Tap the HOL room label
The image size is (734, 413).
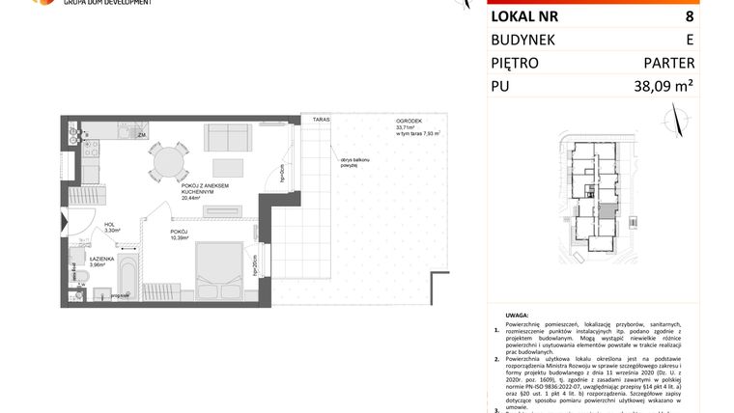pos(109,225)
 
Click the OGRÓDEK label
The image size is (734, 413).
pos(406,121)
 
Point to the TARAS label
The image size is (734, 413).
pos(321,119)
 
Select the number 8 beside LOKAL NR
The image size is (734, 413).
pos(689,15)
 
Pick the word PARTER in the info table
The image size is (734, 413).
pos(669,64)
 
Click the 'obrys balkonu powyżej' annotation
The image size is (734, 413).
pos(349,162)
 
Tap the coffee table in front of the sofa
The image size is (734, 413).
pos(228,166)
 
